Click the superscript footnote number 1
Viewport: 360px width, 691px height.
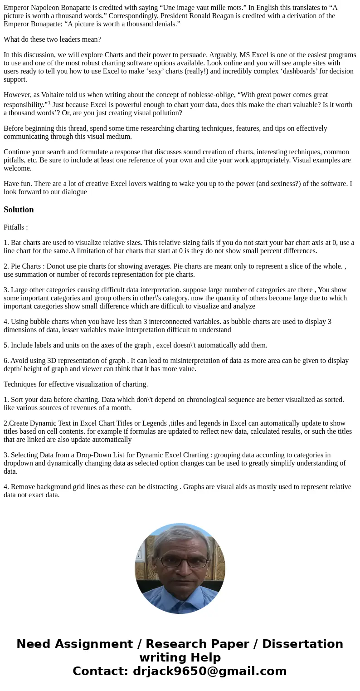pyautogui.click(x=49, y=103)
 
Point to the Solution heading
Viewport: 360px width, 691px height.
pyautogui.click(x=19, y=210)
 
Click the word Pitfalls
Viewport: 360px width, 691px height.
pyautogui.click(x=15, y=227)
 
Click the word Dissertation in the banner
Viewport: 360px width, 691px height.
pyautogui.click(x=302, y=644)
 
